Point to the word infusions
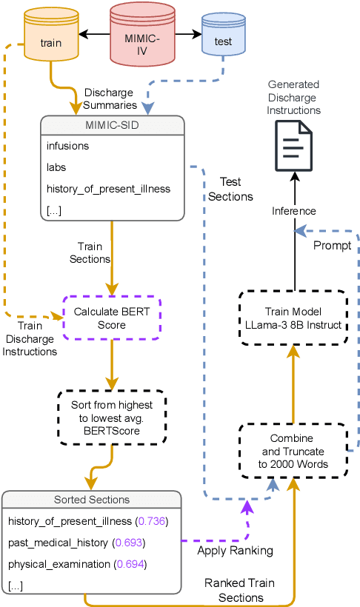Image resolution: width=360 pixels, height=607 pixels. [x=67, y=146]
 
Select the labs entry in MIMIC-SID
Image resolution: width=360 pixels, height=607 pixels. [x=57, y=167]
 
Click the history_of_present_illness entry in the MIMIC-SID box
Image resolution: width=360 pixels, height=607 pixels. [x=108, y=189]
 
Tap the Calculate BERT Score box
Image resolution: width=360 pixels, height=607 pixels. [x=111, y=318]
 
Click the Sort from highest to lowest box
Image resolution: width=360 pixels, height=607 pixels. [x=112, y=418]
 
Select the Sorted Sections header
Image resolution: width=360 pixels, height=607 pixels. [x=91, y=500]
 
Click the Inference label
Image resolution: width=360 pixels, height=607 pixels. [x=294, y=212]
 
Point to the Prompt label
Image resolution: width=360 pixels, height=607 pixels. [x=332, y=246]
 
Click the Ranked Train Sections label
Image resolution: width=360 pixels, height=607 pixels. [x=235, y=590]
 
